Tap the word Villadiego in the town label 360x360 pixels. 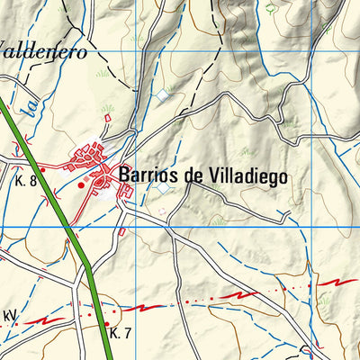(x=247, y=175)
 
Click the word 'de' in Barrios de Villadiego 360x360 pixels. (x=193, y=175)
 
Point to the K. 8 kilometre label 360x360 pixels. (x=25, y=181)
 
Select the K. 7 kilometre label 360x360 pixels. (x=121, y=333)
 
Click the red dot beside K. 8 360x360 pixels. (x=42, y=169)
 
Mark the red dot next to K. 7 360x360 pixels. (x=106, y=323)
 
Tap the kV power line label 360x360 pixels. (x=11, y=316)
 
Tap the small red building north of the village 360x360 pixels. (x=107, y=117)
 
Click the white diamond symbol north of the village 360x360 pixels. (x=162, y=94)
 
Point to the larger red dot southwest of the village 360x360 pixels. (x=81, y=185)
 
